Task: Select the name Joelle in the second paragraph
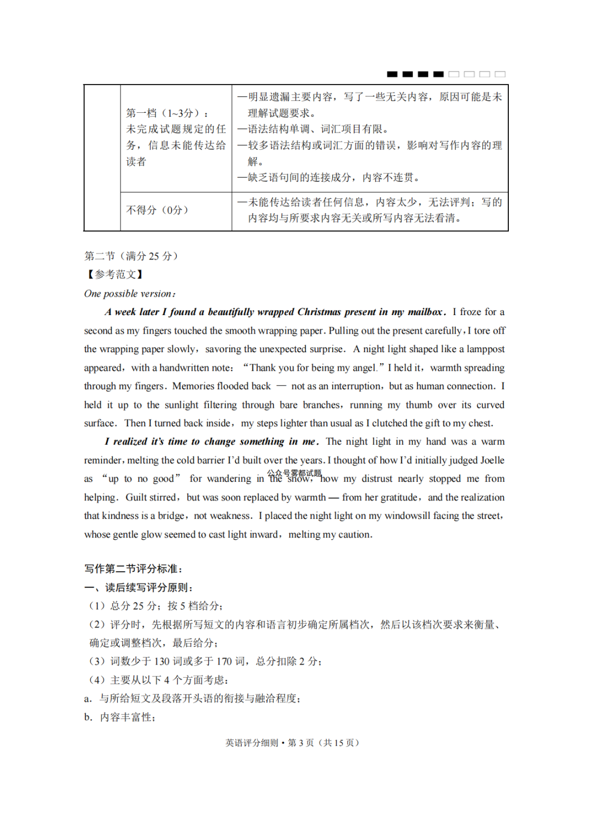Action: click(491, 461)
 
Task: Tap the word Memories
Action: click(193, 387)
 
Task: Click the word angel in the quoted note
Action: click(364, 368)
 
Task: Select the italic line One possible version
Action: click(130, 294)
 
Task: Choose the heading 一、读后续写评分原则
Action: click(139, 588)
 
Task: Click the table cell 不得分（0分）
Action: click(158, 210)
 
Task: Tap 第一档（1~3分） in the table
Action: click(167, 113)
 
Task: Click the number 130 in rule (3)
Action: click(161, 662)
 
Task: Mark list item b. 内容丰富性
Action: click(120, 717)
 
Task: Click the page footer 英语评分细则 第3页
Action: click(292, 743)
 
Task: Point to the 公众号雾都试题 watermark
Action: click(294, 473)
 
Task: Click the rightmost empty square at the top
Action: click(500, 74)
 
